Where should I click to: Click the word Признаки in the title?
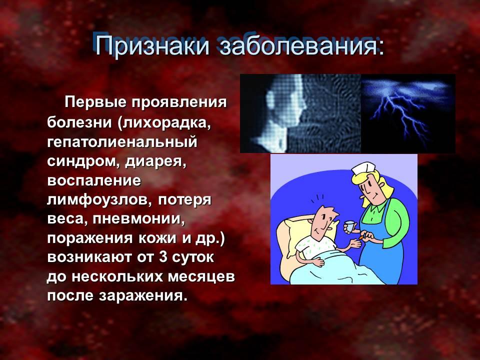[152, 46]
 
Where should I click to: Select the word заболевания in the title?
[301, 46]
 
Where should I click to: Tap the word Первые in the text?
[96, 102]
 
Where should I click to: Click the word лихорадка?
[163, 122]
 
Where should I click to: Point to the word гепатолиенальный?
[122, 141]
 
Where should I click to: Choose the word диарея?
[155, 161]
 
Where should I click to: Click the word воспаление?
[94, 180]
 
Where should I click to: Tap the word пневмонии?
[139, 219]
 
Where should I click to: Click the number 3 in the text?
[163, 257]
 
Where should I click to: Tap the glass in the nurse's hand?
[350, 226]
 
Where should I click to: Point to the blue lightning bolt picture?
[408, 113]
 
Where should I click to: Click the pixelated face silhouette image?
[300, 113]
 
